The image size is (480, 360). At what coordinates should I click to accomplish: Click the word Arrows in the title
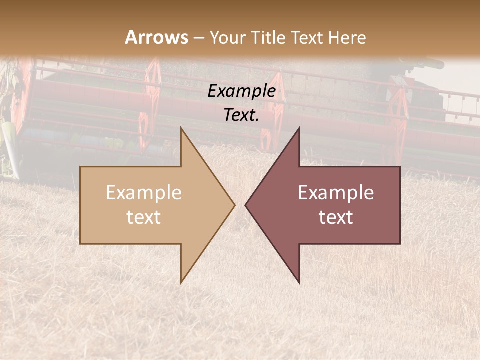pos(157,37)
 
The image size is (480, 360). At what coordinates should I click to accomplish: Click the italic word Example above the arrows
pos(242,91)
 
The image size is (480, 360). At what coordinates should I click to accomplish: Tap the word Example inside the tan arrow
pos(144,193)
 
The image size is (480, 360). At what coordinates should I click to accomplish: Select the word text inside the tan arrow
pos(144,217)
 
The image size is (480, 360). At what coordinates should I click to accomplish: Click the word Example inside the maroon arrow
pos(336,193)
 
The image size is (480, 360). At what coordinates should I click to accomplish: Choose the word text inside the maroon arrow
pos(336,217)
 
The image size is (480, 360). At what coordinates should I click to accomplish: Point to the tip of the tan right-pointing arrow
pos(235,205)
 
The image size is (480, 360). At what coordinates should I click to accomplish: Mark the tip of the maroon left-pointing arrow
pos(245,205)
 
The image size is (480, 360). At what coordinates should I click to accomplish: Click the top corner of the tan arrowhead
pos(181,128)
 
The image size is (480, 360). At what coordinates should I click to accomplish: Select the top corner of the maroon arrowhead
pos(299,128)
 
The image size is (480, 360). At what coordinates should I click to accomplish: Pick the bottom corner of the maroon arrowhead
pos(299,283)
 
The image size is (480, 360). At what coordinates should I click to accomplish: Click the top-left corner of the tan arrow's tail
pos(80,167)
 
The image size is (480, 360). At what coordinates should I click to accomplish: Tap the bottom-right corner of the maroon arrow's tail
pos(400,244)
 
